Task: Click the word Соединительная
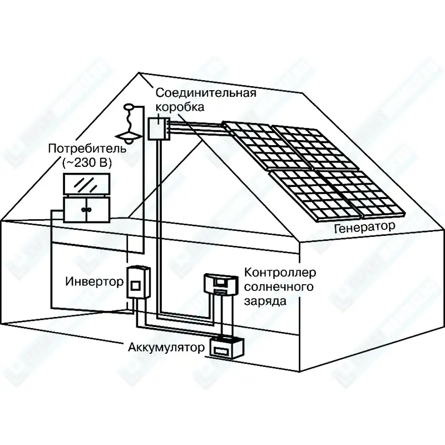point(205,92)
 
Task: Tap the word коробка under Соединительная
point(180,106)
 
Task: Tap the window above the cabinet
point(86,185)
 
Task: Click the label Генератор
point(365,226)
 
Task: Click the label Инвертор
point(94,281)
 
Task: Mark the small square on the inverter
point(135,286)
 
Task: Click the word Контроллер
point(280,273)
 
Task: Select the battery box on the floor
point(225,349)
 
